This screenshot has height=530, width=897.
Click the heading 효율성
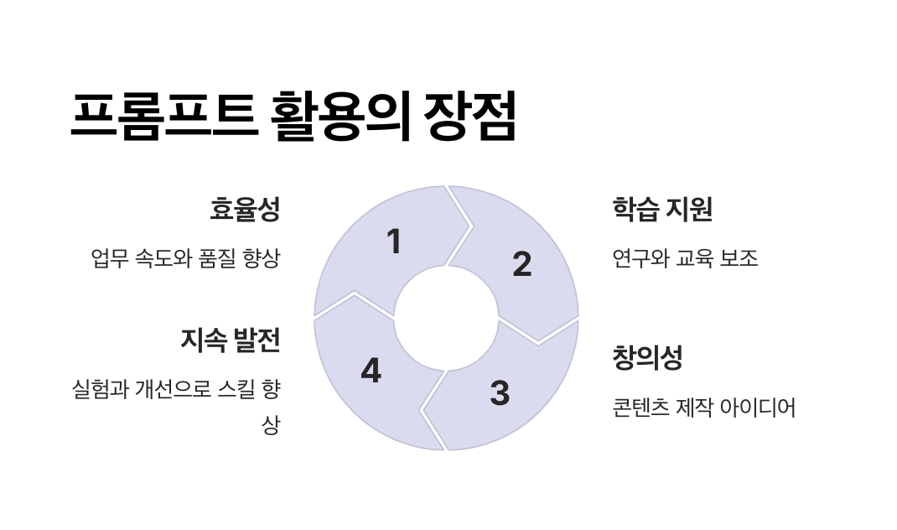[244, 210]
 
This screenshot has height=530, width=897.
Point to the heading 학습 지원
[662, 210]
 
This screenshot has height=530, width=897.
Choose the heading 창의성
[648, 358]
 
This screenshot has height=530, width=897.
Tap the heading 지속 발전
[230, 340]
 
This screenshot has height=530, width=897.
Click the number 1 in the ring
[393, 242]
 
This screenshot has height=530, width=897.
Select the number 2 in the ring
[521, 264]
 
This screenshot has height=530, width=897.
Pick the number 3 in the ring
[500, 392]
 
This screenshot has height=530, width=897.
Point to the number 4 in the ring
[371, 371]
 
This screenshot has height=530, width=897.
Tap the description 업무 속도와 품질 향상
[185, 258]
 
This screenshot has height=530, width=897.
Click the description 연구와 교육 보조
[686, 258]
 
